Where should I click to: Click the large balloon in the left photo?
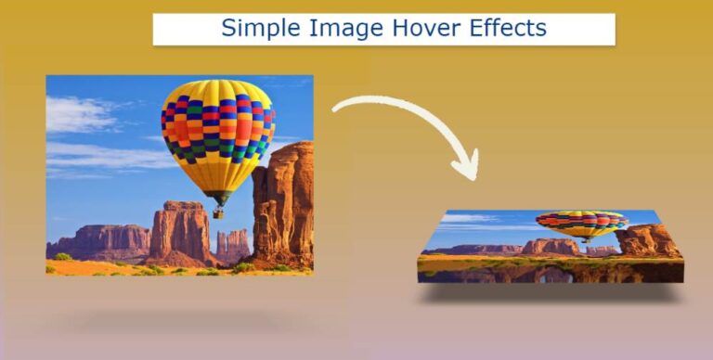[x=217, y=130]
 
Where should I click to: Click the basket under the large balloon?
[x=218, y=212]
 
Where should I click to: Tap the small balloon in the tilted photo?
[x=582, y=224]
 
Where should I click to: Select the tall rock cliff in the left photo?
[x=283, y=204]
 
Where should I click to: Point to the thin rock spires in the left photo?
[x=232, y=244]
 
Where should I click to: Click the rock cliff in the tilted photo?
[x=648, y=240]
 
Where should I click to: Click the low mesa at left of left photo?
[x=97, y=241]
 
